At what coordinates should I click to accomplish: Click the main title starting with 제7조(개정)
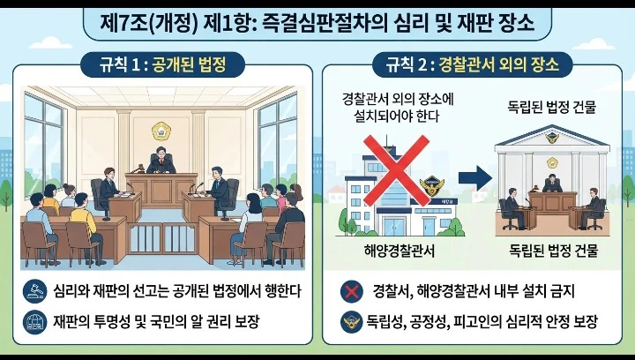[317, 24]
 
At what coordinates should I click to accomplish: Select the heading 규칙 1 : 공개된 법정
[163, 64]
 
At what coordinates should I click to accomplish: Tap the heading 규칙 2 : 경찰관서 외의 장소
[472, 64]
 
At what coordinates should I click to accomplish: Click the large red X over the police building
[396, 170]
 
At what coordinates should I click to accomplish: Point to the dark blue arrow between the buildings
[475, 177]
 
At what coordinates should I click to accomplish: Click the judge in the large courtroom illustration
[161, 161]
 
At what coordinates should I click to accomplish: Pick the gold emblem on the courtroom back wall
[161, 131]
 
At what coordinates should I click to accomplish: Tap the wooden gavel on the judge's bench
[137, 168]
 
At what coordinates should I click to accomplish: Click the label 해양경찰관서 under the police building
[400, 251]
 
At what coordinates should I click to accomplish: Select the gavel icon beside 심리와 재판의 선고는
[34, 291]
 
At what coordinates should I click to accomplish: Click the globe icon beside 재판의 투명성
[34, 322]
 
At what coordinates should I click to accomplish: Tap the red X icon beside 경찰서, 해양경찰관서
[352, 291]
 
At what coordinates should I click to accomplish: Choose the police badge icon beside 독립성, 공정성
[352, 322]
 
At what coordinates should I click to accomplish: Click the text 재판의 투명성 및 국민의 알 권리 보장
[156, 322]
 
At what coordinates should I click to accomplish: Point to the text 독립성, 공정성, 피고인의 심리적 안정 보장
[482, 322]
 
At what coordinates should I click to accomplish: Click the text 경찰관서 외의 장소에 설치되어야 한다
[398, 108]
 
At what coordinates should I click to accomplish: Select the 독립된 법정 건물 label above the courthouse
[551, 108]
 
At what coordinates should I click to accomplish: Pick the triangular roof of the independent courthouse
[552, 138]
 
